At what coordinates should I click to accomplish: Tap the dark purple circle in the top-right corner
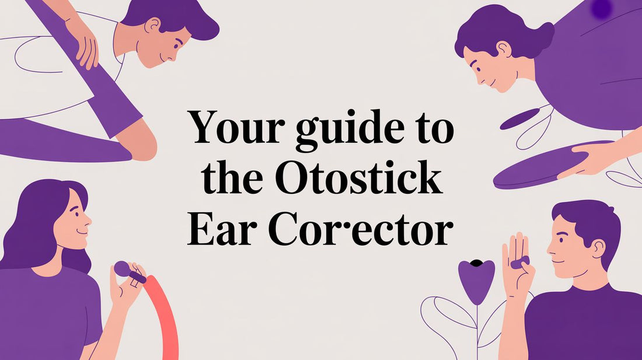[601, 8]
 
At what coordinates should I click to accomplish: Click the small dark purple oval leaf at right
[520, 118]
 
